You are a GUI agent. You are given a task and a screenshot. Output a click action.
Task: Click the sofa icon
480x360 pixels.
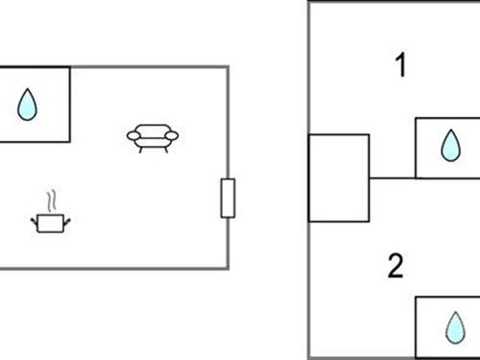[154, 138]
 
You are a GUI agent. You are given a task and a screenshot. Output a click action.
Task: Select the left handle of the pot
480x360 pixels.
[35, 221]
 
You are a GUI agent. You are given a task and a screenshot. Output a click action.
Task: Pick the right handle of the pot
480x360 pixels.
[69, 221]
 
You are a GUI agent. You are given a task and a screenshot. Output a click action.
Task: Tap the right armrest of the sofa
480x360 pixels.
[175, 136]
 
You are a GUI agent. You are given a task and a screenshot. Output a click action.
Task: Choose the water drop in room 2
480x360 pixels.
[451, 328]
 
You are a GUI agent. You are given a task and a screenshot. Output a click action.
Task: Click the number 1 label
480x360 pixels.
[400, 66]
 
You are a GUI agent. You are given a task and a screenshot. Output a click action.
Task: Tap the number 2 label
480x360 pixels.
[396, 266]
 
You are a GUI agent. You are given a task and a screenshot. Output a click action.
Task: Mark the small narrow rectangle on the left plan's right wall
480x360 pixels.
[228, 198]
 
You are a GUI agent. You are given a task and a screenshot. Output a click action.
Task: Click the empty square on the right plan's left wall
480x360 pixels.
[338, 179]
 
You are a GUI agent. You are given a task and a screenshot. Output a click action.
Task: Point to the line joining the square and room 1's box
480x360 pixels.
[392, 178]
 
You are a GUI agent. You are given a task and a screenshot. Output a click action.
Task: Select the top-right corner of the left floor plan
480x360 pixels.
[227, 67]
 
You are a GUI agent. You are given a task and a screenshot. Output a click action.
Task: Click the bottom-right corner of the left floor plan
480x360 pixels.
[227, 268]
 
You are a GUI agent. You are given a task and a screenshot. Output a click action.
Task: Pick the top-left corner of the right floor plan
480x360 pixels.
[309, 2]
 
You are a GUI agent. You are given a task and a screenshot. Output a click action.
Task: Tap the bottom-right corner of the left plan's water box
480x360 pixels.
[69, 142]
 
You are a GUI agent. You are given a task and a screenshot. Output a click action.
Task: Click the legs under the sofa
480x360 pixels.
[154, 150]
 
